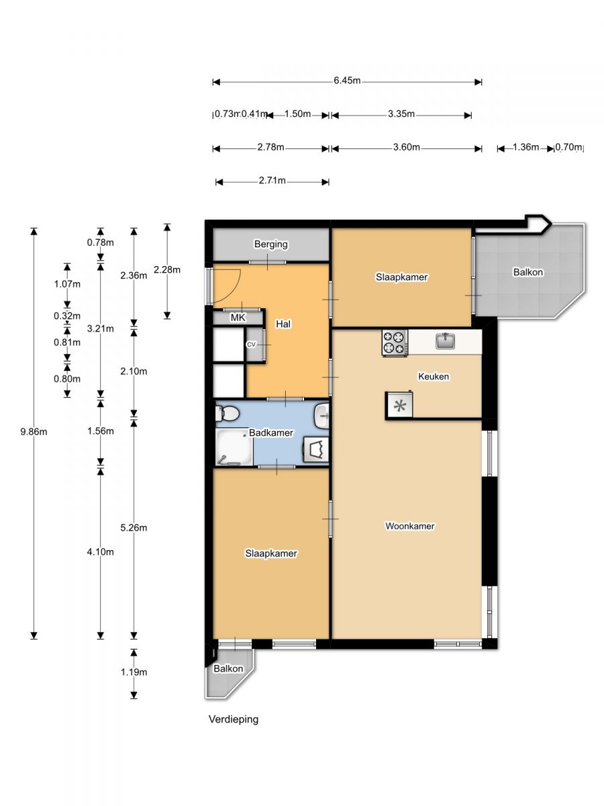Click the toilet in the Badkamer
click(x=228, y=414)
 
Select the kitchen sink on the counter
click(x=445, y=341)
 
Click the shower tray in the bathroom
click(x=234, y=447)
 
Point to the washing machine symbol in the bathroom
click(x=315, y=449)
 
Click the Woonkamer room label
click(x=409, y=526)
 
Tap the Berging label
click(x=271, y=244)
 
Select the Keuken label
click(x=434, y=376)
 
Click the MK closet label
click(x=238, y=318)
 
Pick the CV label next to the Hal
click(x=251, y=345)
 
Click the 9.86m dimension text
click(x=34, y=432)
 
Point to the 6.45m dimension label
click(x=347, y=81)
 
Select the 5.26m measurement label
click(x=134, y=528)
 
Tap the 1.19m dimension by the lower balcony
click(x=134, y=672)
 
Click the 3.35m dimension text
click(x=401, y=114)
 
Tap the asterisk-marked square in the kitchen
click(x=399, y=405)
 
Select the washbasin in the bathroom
click(x=321, y=416)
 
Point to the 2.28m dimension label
click(x=167, y=270)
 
